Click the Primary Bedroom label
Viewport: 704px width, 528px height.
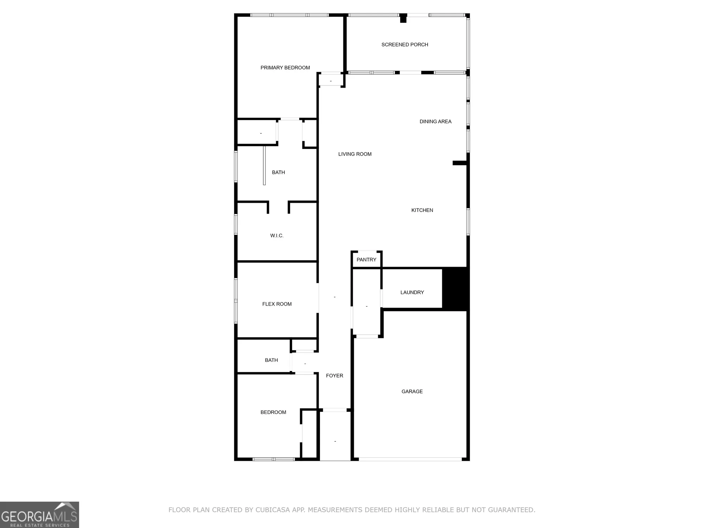[x=285, y=68]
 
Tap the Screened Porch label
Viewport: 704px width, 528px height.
[x=405, y=45]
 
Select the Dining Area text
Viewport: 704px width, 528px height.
[x=435, y=121]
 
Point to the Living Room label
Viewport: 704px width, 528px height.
[x=355, y=154]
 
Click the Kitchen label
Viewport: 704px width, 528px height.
[x=422, y=210]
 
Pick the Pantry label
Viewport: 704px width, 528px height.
[x=366, y=260]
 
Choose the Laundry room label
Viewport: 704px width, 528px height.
[x=412, y=293]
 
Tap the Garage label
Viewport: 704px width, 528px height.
[x=412, y=391]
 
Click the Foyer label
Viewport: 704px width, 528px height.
[x=334, y=376]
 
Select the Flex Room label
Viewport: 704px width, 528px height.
[x=277, y=304]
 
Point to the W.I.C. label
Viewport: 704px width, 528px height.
[x=277, y=235]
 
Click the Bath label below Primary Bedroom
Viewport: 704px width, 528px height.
[x=278, y=172]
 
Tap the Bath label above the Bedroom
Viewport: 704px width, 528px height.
[x=271, y=360]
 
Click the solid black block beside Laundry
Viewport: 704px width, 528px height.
[x=455, y=289]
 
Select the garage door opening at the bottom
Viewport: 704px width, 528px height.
[x=410, y=459]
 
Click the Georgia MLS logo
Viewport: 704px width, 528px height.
[x=39, y=515]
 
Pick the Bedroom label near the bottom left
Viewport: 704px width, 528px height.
[x=273, y=412]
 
